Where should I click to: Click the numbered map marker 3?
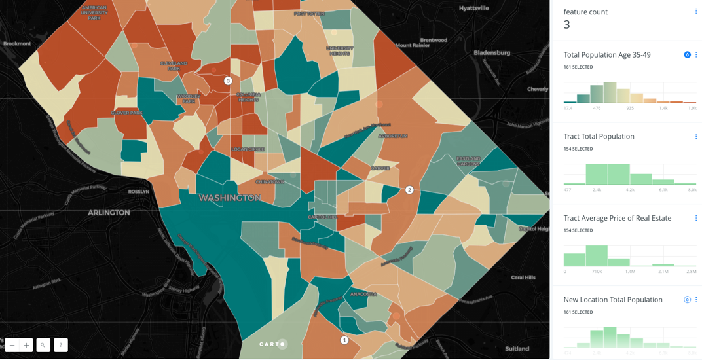pos(228,81)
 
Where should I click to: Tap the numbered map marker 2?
pos(409,190)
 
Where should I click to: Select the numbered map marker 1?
pos(344,340)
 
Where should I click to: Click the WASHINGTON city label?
pos(230,198)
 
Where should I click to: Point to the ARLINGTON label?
pos(109,213)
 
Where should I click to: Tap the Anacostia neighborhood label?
pos(363,295)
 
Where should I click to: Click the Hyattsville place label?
pos(474,9)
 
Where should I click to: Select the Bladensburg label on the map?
pos(492,53)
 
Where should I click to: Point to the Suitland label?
pos(517,349)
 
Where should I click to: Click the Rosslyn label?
pos(139,192)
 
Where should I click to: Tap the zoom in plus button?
pos(26,345)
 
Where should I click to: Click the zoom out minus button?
pos(12,345)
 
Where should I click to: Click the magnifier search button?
pos(43,345)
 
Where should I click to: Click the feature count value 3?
pos(567,25)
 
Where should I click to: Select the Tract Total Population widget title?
pos(599,136)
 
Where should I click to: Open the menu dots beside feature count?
pos(695,11)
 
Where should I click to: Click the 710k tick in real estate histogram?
pos(597,271)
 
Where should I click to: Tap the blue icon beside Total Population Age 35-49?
pos(687,55)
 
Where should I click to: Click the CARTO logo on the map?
pos(272,344)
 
